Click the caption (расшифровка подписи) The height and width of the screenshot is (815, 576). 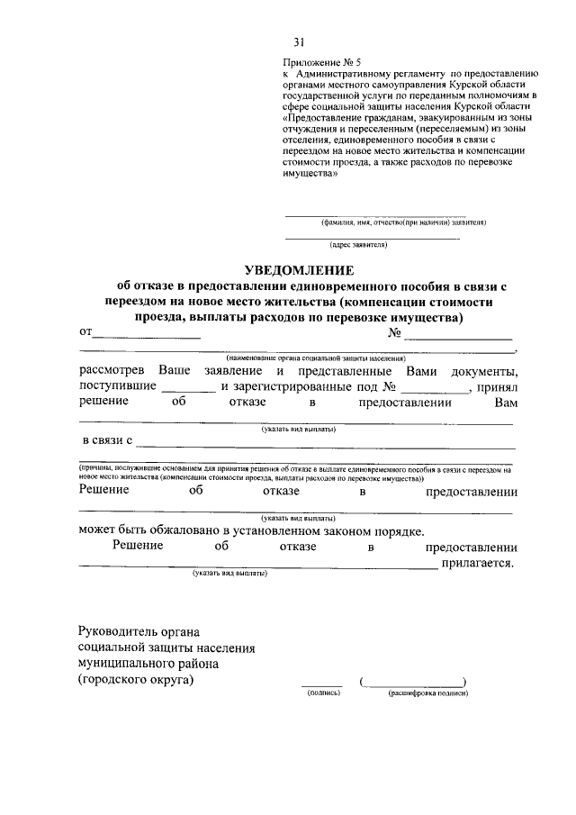pyautogui.click(x=428, y=694)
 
